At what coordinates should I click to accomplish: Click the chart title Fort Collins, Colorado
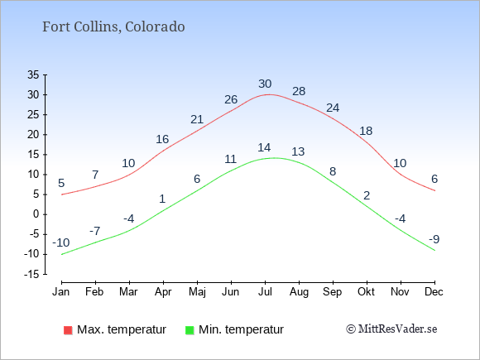(113, 27)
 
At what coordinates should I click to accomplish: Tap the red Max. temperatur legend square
(68, 330)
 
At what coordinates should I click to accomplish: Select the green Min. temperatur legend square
(190, 330)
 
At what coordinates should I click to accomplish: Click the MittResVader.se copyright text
(391, 329)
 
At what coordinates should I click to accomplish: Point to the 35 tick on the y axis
(33, 74)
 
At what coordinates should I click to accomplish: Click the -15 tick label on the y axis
(31, 274)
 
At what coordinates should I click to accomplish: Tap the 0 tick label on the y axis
(36, 214)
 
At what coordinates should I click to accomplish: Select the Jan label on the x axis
(61, 292)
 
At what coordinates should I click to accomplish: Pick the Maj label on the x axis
(197, 292)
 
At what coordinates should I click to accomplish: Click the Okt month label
(366, 292)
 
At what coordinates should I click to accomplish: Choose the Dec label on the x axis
(434, 292)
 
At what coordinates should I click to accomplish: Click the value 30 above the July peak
(265, 84)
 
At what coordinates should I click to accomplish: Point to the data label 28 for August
(299, 91)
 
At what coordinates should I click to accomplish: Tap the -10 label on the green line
(61, 242)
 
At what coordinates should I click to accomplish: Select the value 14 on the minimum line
(264, 147)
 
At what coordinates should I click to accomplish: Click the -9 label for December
(434, 239)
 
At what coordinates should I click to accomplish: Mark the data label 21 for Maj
(197, 119)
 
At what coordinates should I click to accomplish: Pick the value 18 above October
(366, 131)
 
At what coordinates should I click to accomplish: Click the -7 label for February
(95, 231)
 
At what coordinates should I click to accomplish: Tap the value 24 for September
(333, 108)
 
